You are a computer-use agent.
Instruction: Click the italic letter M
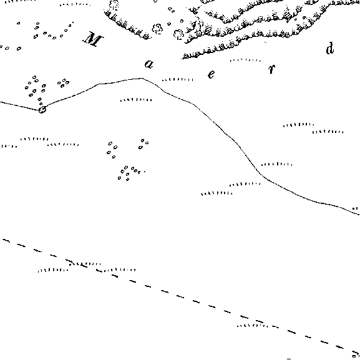[93, 39]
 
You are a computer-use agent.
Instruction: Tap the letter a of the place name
[148, 64]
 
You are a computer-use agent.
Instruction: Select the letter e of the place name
[212, 74]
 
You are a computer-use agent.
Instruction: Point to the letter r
[271, 69]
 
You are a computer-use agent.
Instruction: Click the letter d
[329, 48]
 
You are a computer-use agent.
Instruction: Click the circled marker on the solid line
[42, 110]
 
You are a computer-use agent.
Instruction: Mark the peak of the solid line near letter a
[142, 78]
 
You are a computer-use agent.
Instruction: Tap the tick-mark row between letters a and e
[178, 80]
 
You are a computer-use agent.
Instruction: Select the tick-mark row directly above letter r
[245, 60]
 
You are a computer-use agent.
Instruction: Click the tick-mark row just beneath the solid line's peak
[136, 100]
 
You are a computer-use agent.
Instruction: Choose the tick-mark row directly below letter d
[298, 125]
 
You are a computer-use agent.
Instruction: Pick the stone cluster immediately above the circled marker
[35, 89]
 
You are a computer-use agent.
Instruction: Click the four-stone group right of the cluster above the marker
[64, 83]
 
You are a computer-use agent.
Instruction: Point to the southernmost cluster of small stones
[130, 173]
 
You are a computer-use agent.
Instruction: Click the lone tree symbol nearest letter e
[178, 35]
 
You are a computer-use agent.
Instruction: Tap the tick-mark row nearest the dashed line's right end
[252, 325]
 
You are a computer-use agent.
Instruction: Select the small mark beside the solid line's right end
[355, 208]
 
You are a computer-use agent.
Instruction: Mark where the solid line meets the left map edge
[0, 102]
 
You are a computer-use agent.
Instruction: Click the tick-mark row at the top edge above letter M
[75, 4]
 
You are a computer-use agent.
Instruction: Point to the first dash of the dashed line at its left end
[6, 240]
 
